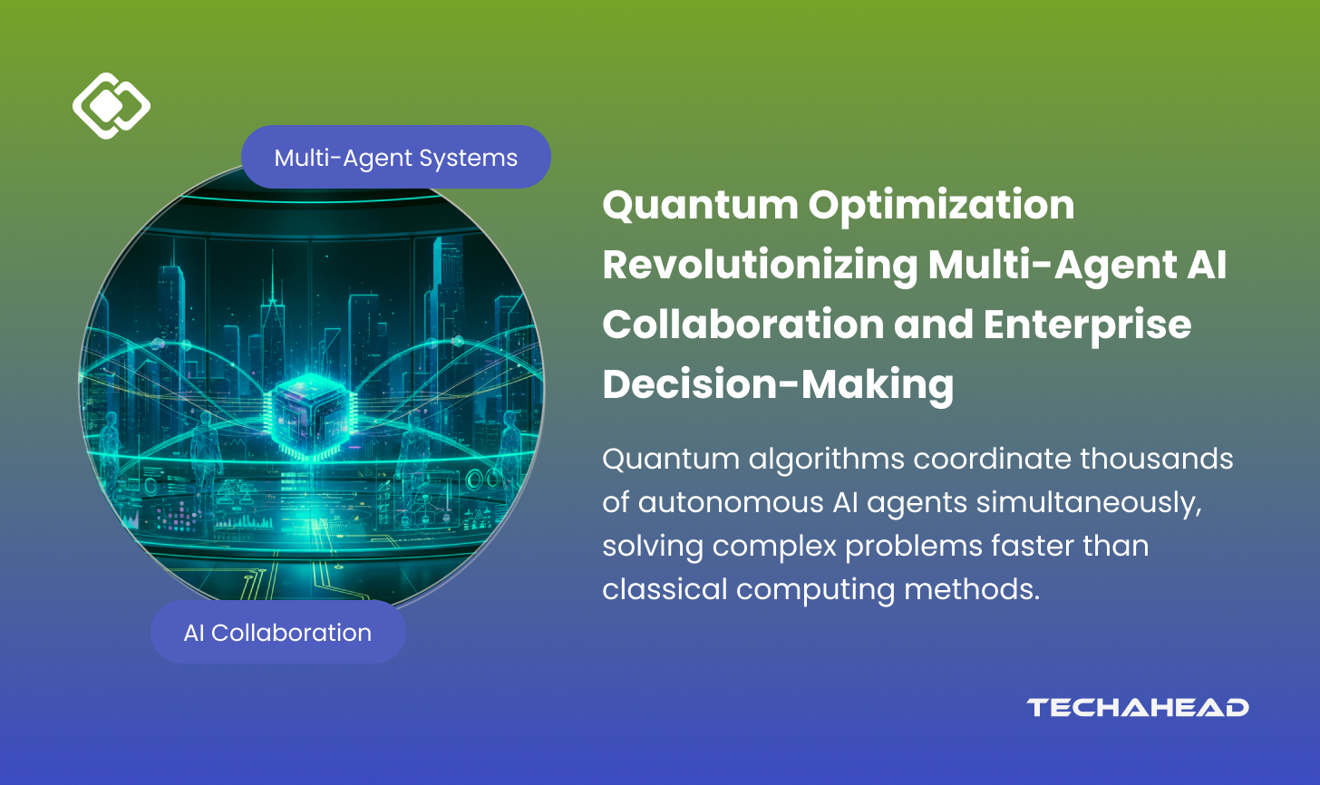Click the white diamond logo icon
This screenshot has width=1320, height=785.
[x=111, y=106]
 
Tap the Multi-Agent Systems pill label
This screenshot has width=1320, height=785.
[x=396, y=158]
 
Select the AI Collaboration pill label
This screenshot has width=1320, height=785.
[x=277, y=633]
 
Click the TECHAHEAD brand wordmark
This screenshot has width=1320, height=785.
[x=1138, y=708]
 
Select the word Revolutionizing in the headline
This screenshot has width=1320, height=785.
[x=759, y=266]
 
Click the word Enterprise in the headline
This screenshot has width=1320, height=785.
[x=1087, y=325]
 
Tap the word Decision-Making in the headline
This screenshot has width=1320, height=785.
[x=778, y=384]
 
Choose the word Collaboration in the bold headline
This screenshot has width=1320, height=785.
[x=742, y=325]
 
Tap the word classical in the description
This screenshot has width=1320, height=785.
[x=665, y=589]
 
